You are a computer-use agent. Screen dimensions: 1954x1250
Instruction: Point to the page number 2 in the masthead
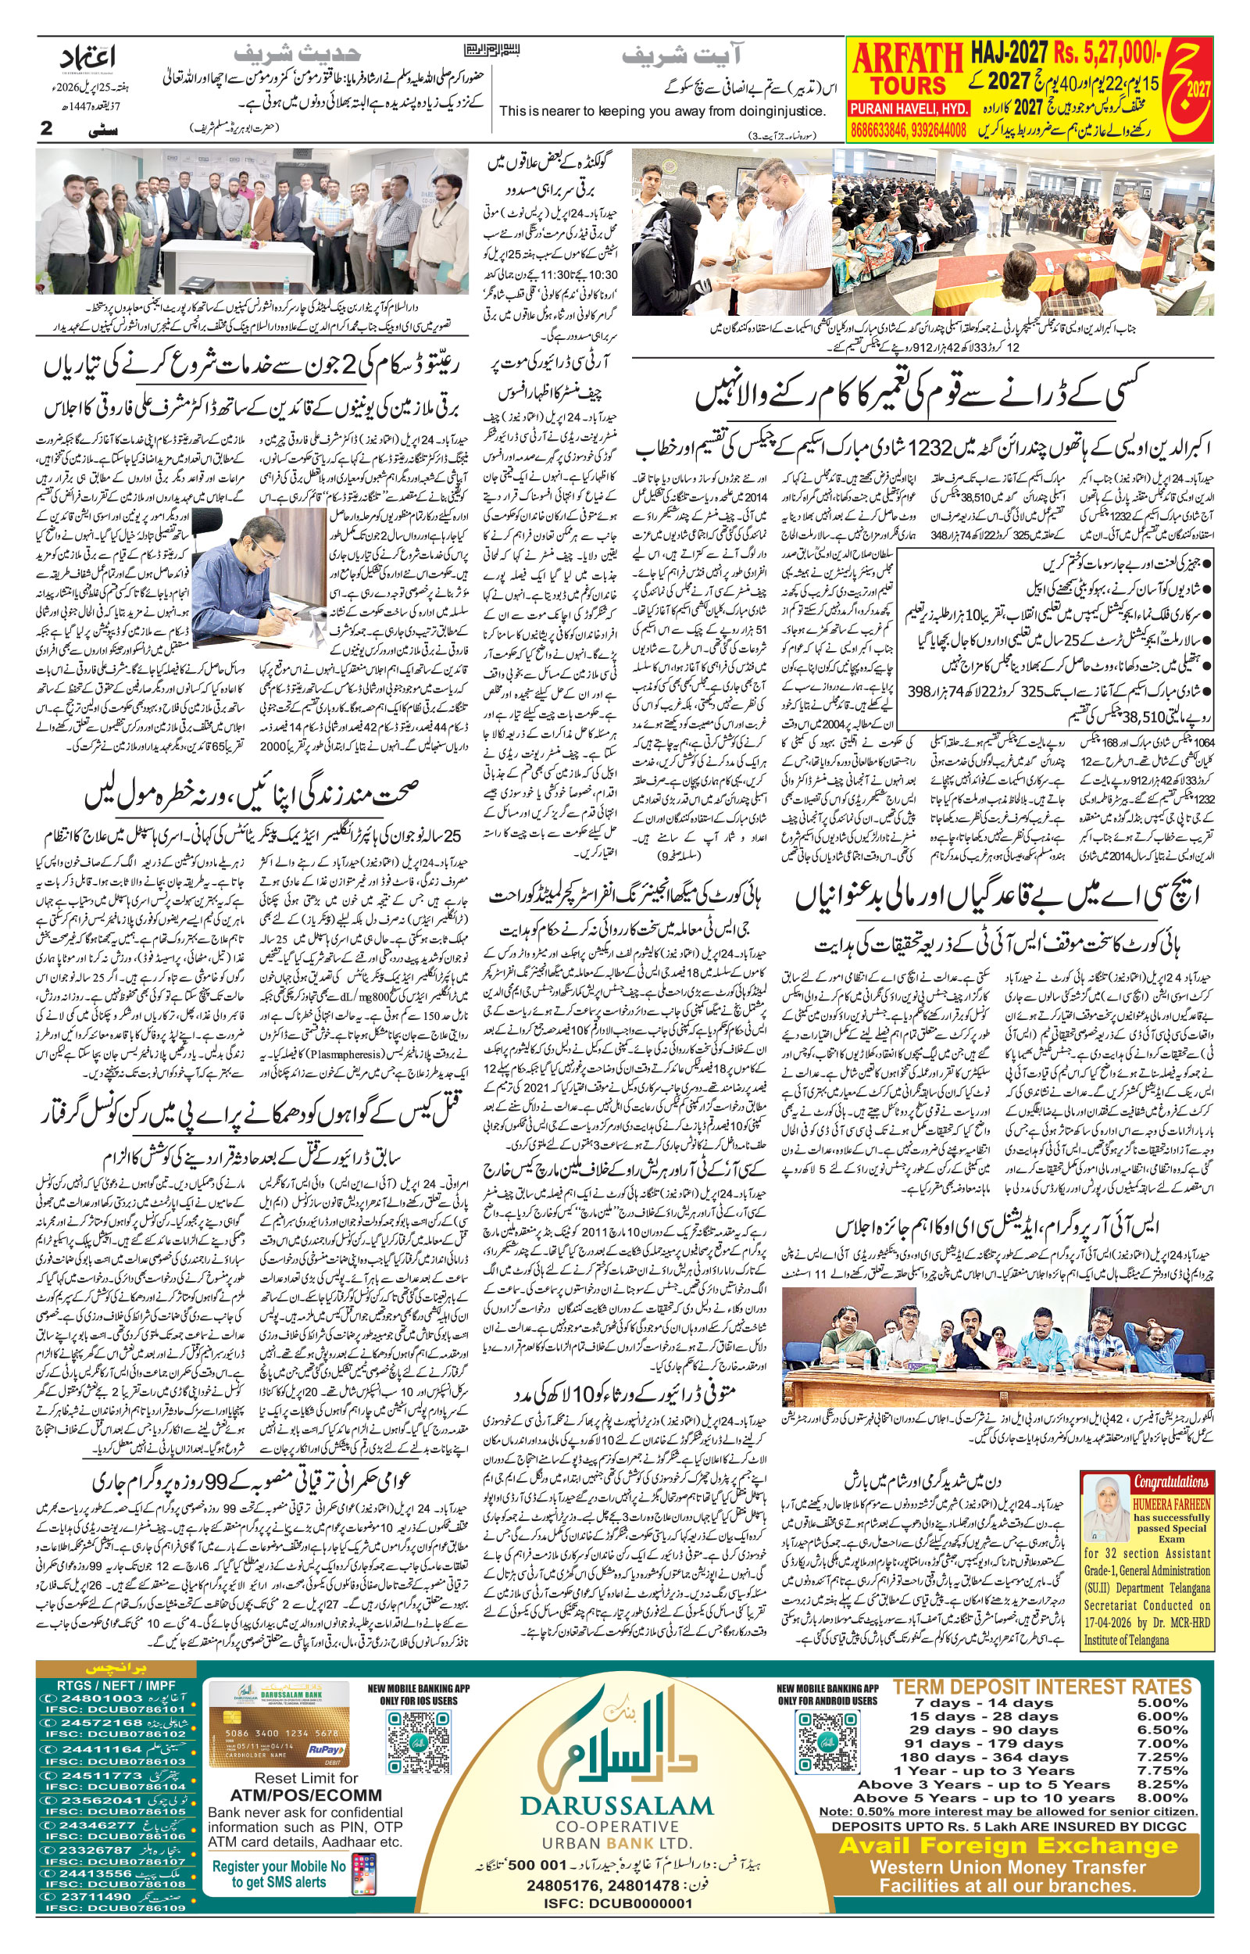(47, 128)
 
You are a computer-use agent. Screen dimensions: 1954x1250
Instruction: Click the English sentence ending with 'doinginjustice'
(662, 111)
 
